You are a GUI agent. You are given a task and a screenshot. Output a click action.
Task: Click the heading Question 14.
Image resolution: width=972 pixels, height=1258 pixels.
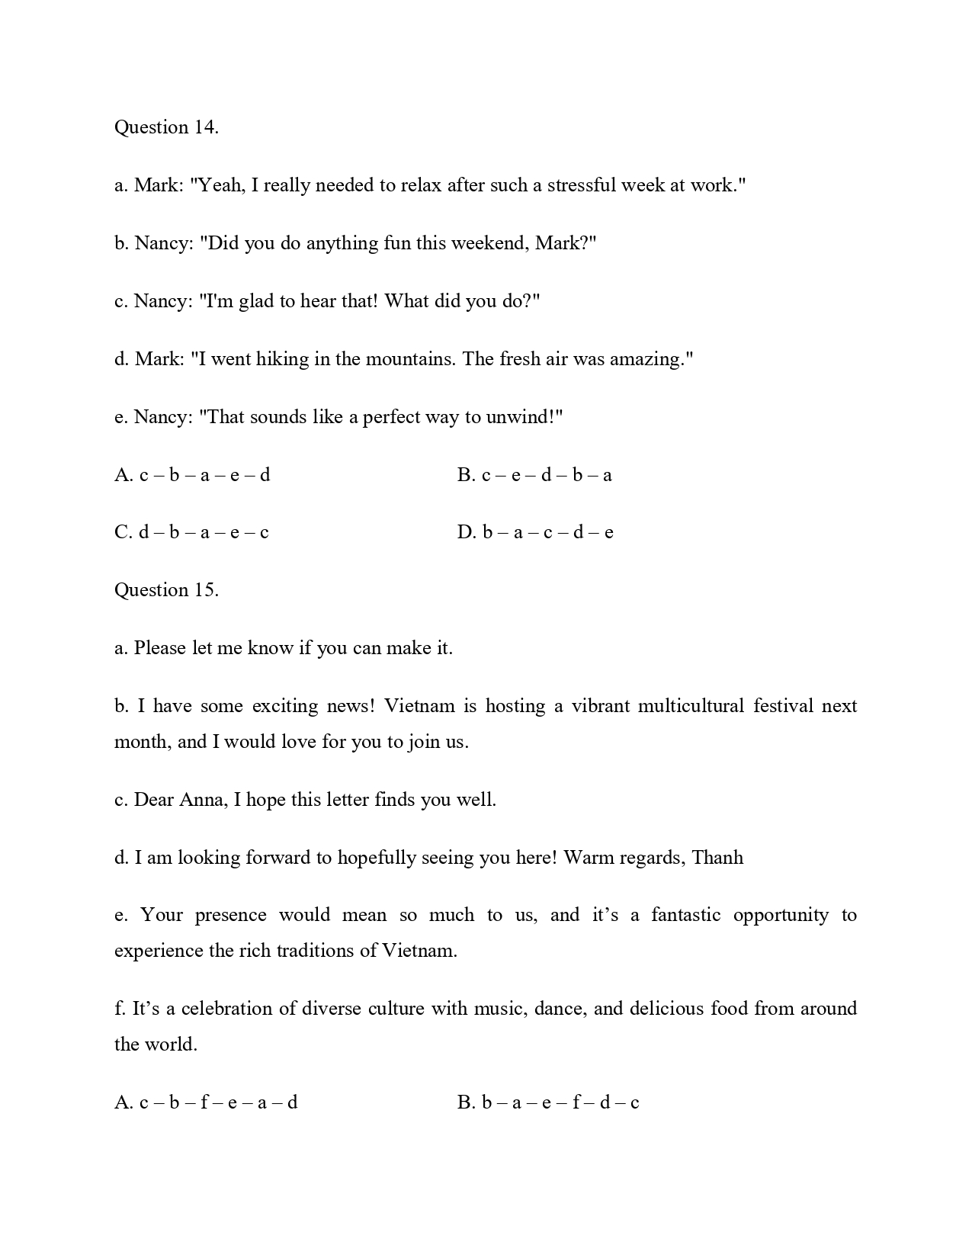point(166,127)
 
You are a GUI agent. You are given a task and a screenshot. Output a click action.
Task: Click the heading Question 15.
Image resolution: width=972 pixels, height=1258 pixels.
point(166,590)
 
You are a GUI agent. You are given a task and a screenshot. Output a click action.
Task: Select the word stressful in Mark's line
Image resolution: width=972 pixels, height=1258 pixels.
point(581,185)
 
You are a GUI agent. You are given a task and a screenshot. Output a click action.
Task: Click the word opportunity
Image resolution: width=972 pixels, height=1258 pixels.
point(781,915)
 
